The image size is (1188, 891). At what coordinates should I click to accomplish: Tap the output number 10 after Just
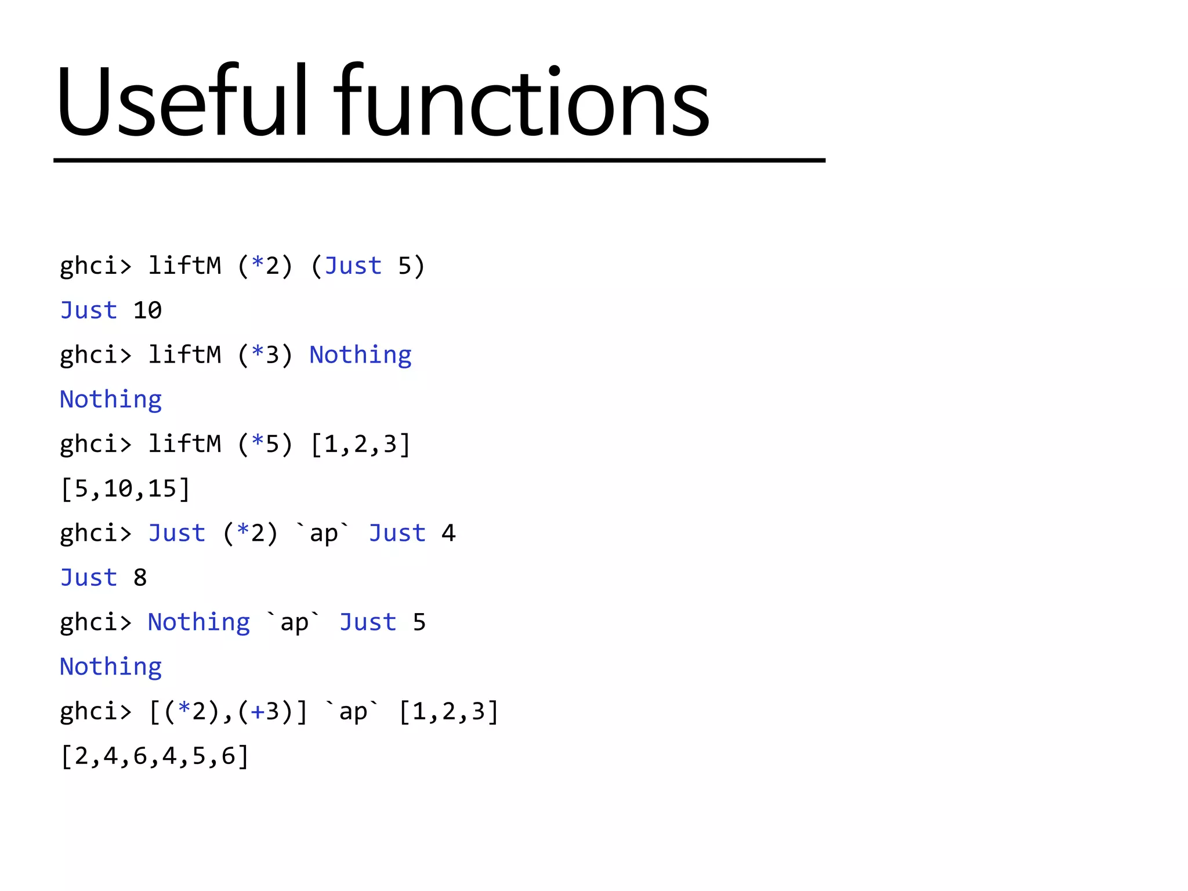[x=147, y=310]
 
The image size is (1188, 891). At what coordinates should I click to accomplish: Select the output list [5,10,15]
[x=125, y=488]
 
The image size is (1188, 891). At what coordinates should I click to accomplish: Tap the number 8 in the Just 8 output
[x=140, y=578]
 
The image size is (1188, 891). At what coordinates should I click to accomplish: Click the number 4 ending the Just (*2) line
[x=448, y=533]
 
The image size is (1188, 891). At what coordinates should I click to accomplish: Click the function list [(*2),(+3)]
[x=228, y=711]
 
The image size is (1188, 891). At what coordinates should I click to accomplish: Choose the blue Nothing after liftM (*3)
[x=360, y=355]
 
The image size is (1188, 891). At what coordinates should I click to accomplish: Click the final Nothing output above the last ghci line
[x=111, y=667]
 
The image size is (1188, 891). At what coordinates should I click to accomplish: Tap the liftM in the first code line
[x=184, y=266]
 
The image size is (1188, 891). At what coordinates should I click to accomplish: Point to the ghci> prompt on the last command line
[x=96, y=712]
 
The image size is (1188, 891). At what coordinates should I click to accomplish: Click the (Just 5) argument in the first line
[x=368, y=266]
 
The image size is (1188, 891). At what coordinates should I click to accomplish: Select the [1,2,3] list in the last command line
[x=449, y=711]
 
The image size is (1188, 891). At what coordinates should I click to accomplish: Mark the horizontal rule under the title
[x=439, y=160]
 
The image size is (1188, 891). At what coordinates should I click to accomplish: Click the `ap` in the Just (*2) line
[x=324, y=533]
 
